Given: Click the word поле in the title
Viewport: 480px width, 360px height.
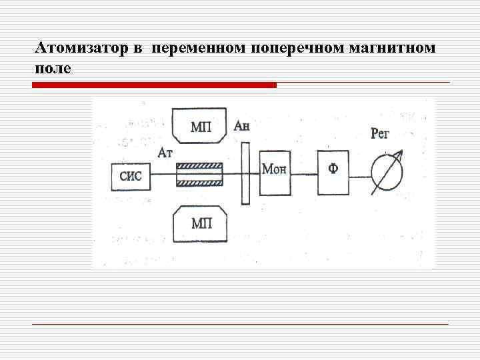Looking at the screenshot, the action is click(50, 69).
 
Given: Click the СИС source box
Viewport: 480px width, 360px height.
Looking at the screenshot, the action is click(131, 177).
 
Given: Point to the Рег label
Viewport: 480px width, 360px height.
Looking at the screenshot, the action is click(380, 134).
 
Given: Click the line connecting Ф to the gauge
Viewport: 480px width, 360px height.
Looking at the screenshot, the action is click(359, 176).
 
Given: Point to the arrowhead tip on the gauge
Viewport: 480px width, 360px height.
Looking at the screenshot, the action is click(401, 153).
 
